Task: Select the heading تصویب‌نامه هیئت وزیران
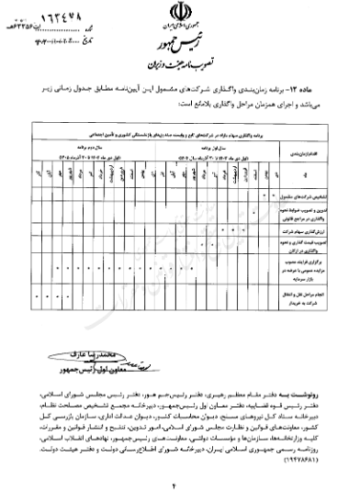point(180,68)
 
